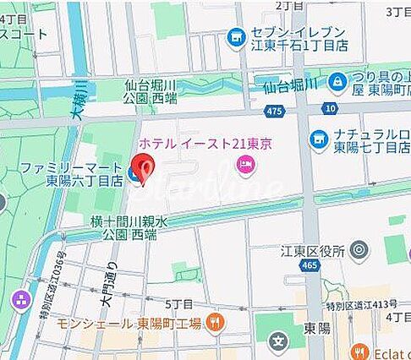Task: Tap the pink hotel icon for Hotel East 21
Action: click(x=246, y=165)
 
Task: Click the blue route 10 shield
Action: click(x=329, y=108)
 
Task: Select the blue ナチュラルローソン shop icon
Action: click(x=319, y=139)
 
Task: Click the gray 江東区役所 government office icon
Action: click(x=359, y=250)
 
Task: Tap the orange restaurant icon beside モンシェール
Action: click(x=216, y=322)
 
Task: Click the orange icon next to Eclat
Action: click(x=359, y=351)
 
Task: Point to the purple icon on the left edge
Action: click(x=20, y=300)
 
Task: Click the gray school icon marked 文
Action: click(x=277, y=341)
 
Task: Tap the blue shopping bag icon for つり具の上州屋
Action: click(x=337, y=81)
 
